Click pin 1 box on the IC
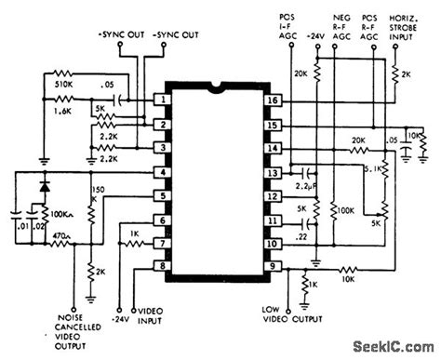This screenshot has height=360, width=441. (164, 99)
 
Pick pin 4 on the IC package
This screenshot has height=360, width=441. (164, 171)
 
